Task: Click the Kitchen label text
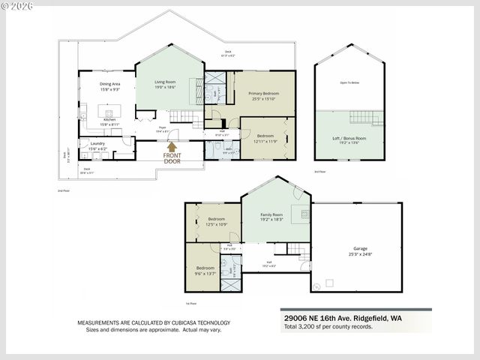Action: click(109, 120)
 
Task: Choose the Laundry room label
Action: click(97, 143)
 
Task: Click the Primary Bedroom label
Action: click(259, 93)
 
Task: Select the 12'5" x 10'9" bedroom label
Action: click(212, 222)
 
